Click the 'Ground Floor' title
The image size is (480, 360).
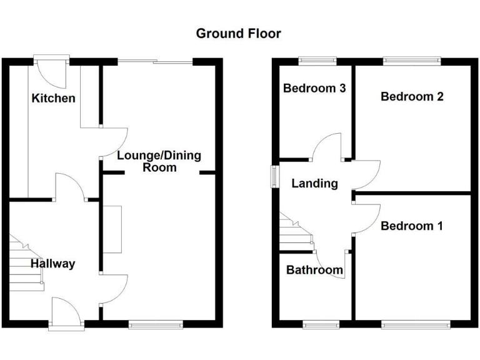pyautogui.click(x=238, y=33)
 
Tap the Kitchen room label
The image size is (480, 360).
pyautogui.click(x=54, y=98)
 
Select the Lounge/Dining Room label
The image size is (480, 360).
pyautogui.click(x=159, y=161)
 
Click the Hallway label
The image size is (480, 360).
pyautogui.click(x=54, y=264)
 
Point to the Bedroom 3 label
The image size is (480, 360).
pyautogui.click(x=314, y=88)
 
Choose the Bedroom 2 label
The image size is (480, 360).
pyautogui.click(x=412, y=96)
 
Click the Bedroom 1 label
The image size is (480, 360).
pyautogui.click(x=411, y=226)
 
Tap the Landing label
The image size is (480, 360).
pyautogui.click(x=314, y=183)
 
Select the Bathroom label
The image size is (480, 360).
pyautogui.click(x=314, y=270)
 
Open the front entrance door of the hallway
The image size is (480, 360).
pyautogui.click(x=67, y=312)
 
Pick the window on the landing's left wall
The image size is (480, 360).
pyautogui.click(x=274, y=176)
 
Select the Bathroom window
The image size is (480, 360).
pyautogui.click(x=321, y=324)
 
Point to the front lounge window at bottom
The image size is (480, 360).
pyautogui.click(x=156, y=324)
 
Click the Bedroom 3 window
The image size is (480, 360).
pyautogui.click(x=317, y=61)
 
